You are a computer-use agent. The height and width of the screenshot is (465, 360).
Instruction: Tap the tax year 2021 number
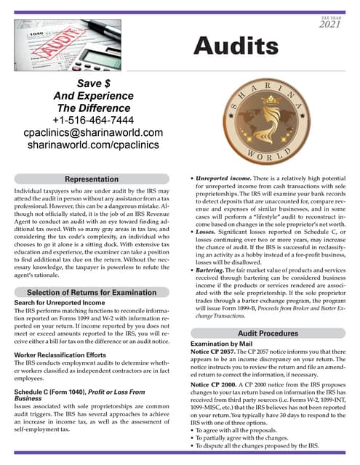point(329,25)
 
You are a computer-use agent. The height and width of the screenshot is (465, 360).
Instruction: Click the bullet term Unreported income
point(216,178)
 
